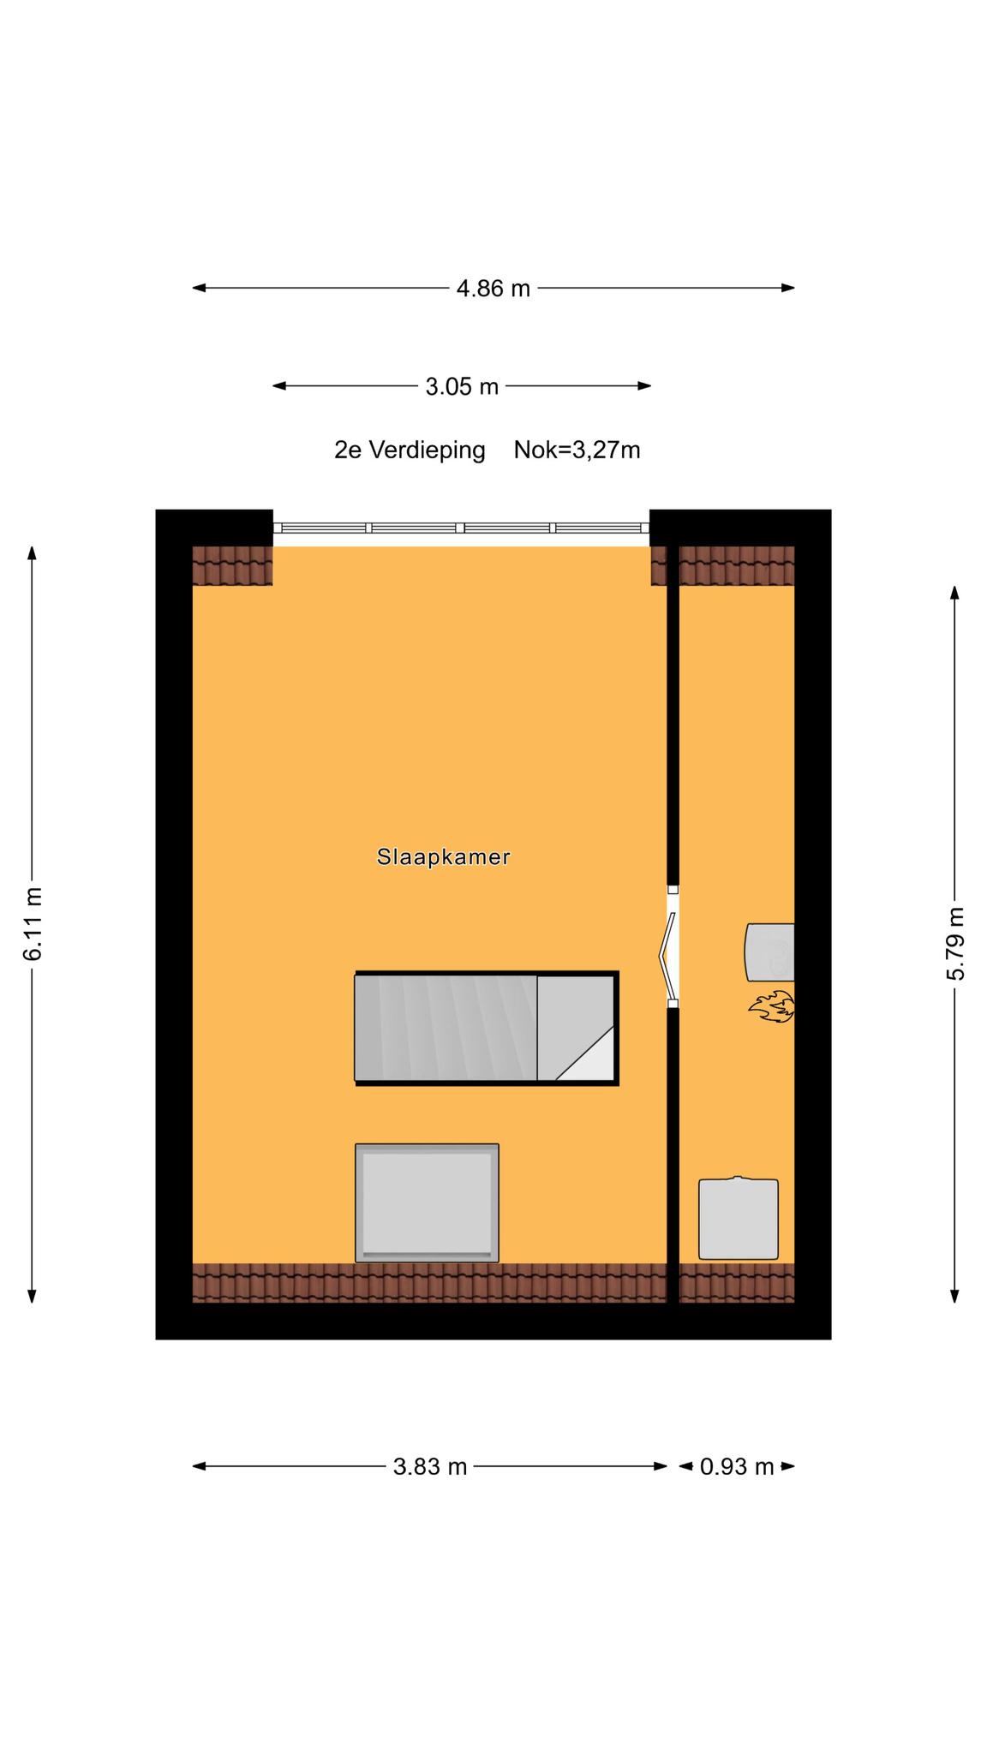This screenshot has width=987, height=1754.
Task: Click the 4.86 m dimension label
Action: tap(493, 289)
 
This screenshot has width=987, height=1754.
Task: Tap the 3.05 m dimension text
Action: tap(462, 386)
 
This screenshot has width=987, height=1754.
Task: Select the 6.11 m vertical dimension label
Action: tap(33, 924)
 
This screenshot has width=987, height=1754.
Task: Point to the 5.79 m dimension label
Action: tap(955, 943)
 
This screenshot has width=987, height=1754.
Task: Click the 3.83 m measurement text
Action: tap(430, 1467)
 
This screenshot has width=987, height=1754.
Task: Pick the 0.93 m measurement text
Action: tap(737, 1467)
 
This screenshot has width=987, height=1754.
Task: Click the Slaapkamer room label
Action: tap(444, 856)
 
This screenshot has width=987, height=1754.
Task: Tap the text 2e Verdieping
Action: tap(410, 450)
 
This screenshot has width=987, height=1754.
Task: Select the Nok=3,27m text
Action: tap(577, 450)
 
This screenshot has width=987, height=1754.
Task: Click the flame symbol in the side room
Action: tap(772, 1007)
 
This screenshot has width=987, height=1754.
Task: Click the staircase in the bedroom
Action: tap(487, 1029)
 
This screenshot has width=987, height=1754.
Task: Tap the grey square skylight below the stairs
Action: tap(427, 1202)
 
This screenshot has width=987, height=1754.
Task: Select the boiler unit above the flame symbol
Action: tap(770, 952)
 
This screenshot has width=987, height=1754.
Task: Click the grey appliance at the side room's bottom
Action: tap(739, 1218)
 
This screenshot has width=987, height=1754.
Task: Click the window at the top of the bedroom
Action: tap(461, 528)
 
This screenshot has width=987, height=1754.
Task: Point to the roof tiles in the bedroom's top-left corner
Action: tap(232, 565)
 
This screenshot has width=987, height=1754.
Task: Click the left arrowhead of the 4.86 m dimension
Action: tap(199, 288)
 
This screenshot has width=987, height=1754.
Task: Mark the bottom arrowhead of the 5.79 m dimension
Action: tap(955, 1296)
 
